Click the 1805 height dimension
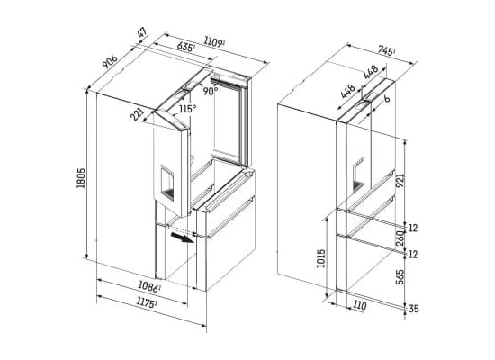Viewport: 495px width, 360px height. pyautogui.click(x=81, y=178)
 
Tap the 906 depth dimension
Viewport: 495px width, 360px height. pyautogui.click(x=110, y=62)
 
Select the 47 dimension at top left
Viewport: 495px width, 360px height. pyautogui.click(x=142, y=33)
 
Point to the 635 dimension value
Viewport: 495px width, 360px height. pyautogui.click(x=185, y=48)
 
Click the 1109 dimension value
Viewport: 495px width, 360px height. pyautogui.click(x=214, y=42)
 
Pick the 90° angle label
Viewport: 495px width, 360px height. pyautogui.click(x=211, y=91)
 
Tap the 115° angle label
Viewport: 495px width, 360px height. pyautogui.click(x=188, y=109)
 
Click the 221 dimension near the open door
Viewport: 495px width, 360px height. pyautogui.click(x=138, y=114)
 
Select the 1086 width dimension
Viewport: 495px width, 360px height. pyautogui.click(x=149, y=287)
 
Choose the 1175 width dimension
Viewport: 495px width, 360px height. pyautogui.click(x=146, y=302)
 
